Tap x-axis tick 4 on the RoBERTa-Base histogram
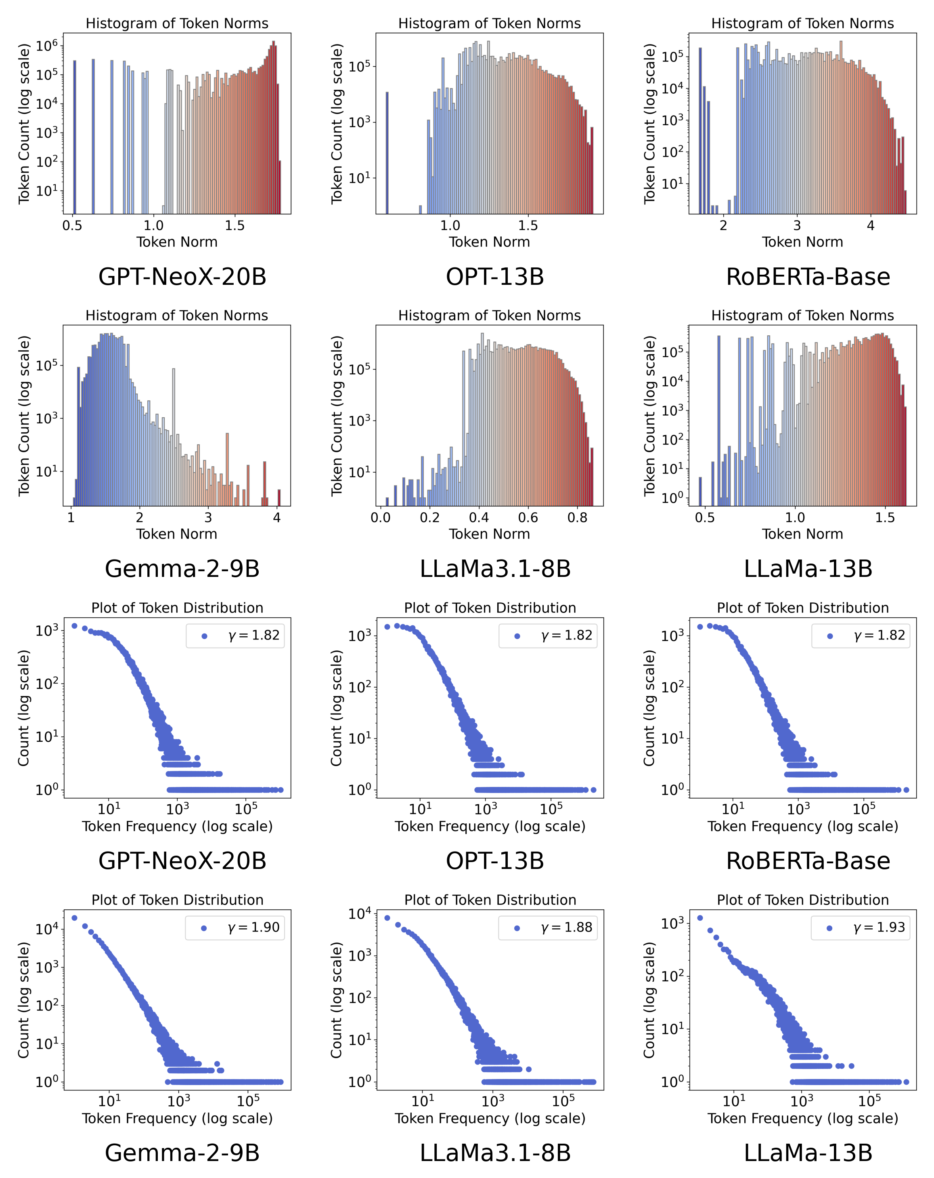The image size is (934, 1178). tap(871, 225)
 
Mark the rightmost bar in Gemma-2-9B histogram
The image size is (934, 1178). tap(279, 497)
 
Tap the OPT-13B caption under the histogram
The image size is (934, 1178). tap(495, 276)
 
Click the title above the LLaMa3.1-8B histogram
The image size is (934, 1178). tap(490, 315)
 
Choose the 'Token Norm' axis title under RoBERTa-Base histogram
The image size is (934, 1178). tap(802, 242)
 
